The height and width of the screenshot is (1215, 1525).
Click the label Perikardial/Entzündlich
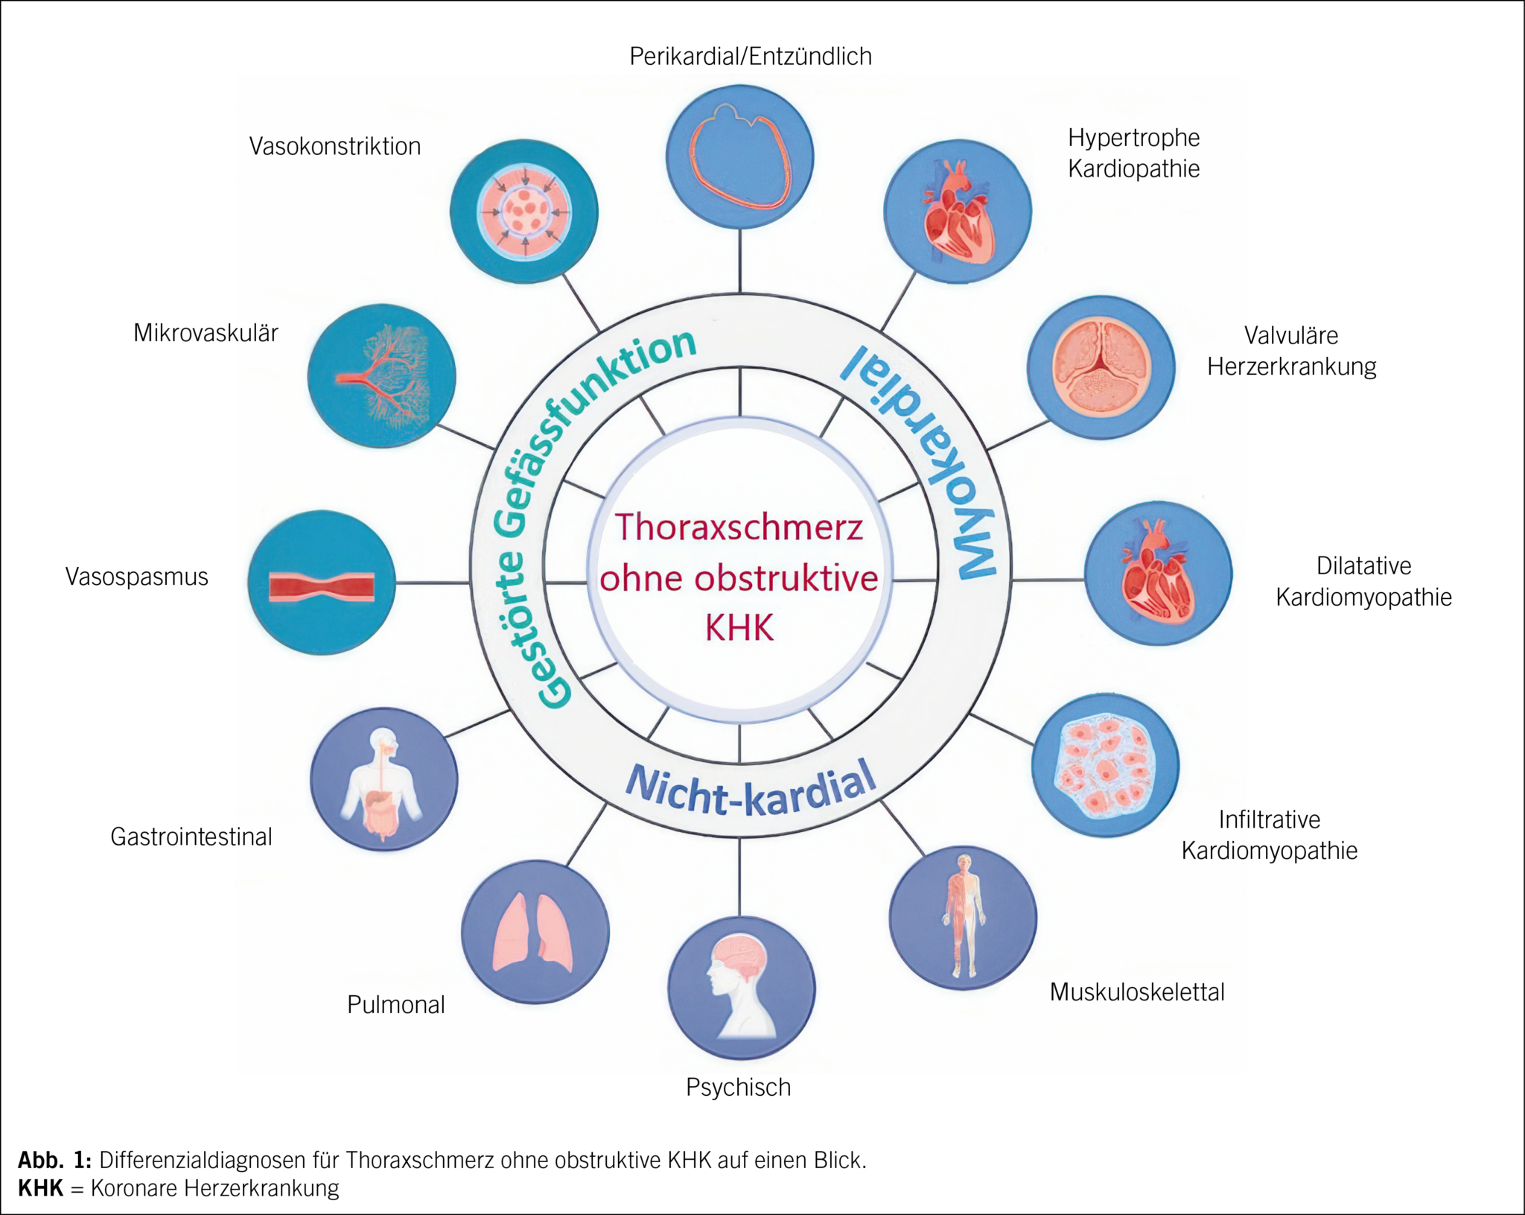750,57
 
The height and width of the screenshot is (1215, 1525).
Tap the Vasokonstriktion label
334,147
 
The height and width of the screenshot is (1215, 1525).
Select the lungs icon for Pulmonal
534,932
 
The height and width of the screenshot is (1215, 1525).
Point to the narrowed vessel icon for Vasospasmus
322,583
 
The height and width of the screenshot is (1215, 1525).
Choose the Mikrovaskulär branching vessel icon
381,375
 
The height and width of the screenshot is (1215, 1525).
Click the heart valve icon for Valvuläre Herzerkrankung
1101,367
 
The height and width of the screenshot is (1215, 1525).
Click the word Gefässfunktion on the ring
596,417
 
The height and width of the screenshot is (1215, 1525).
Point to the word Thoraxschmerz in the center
739,527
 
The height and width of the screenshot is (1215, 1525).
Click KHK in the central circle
739,628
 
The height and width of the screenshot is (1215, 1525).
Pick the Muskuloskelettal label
1136,992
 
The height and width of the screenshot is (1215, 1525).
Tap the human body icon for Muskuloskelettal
963,917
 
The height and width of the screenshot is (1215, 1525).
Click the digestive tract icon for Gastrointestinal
383,780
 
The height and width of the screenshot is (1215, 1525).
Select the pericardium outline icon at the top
739,156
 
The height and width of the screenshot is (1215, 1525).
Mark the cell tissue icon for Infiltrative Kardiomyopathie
1105,766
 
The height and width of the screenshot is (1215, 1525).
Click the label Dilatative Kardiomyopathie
1363,581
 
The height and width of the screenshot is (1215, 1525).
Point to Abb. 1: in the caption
54,1160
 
